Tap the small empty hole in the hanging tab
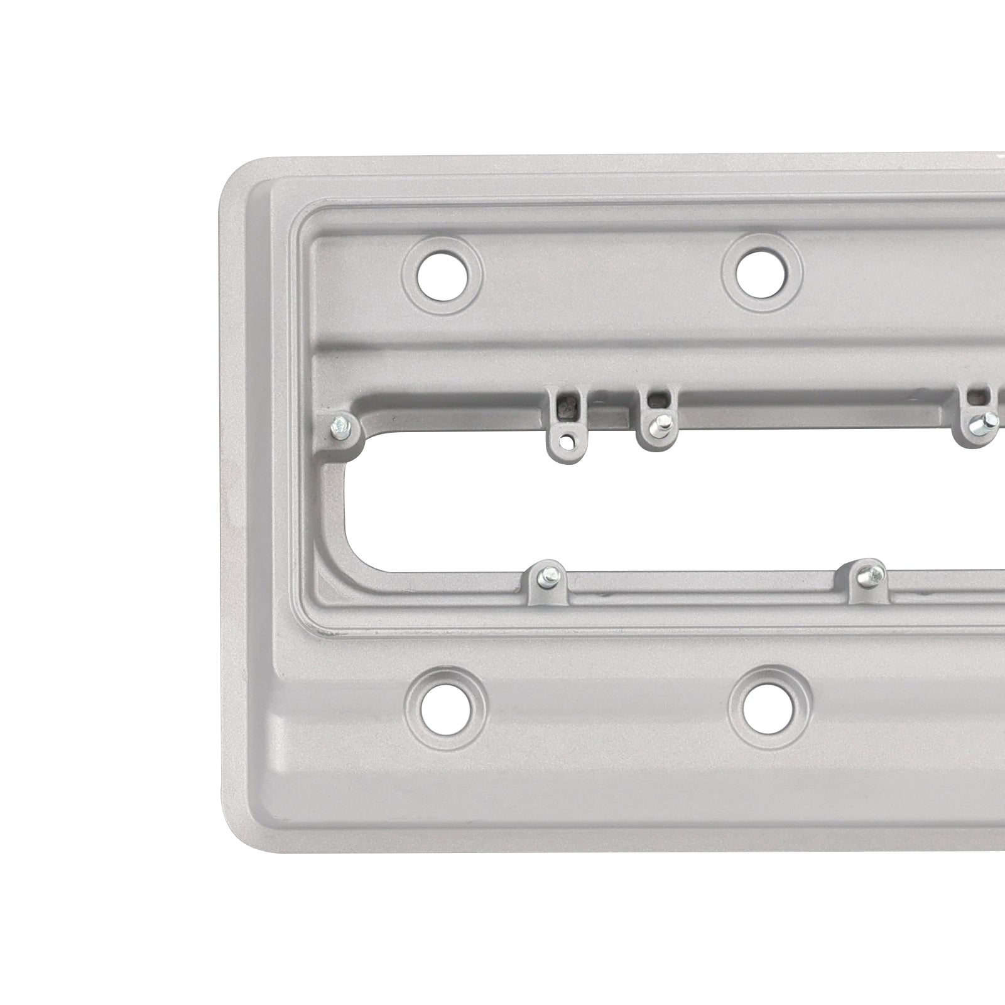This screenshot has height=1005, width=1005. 568,441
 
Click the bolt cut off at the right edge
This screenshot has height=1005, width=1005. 979,426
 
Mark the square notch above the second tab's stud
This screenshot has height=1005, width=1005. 657,398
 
